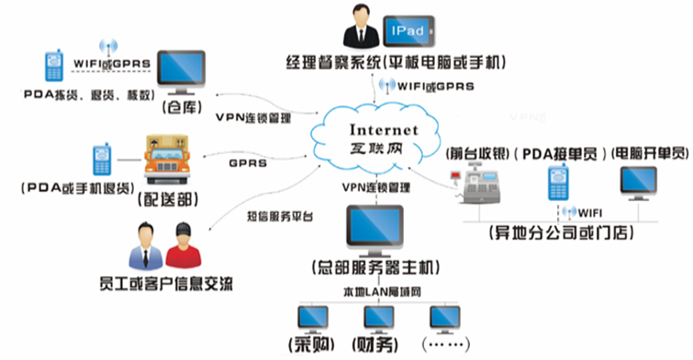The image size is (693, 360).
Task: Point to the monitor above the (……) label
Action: pos(447,318)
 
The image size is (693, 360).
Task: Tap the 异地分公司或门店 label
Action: pos(561,232)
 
